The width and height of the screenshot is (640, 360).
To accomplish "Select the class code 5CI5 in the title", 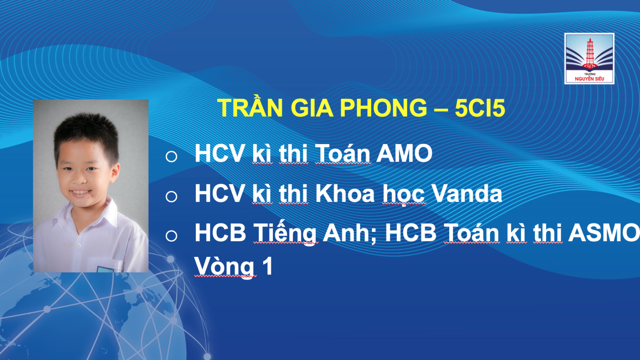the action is [x=480, y=108].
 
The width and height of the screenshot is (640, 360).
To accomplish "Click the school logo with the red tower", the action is [x=589, y=58].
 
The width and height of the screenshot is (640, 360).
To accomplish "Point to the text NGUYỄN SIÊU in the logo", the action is [x=590, y=78].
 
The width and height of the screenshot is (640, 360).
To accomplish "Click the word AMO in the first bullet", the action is [x=404, y=154].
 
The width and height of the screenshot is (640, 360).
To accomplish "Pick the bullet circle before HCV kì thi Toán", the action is [x=172, y=156].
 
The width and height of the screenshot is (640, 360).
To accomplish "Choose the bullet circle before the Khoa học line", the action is [x=172, y=196].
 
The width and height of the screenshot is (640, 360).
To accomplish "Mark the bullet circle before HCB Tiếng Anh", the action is [x=172, y=236].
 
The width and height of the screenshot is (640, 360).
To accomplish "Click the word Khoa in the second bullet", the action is [x=345, y=194].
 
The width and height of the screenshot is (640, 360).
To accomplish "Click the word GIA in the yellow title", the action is [x=312, y=108].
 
